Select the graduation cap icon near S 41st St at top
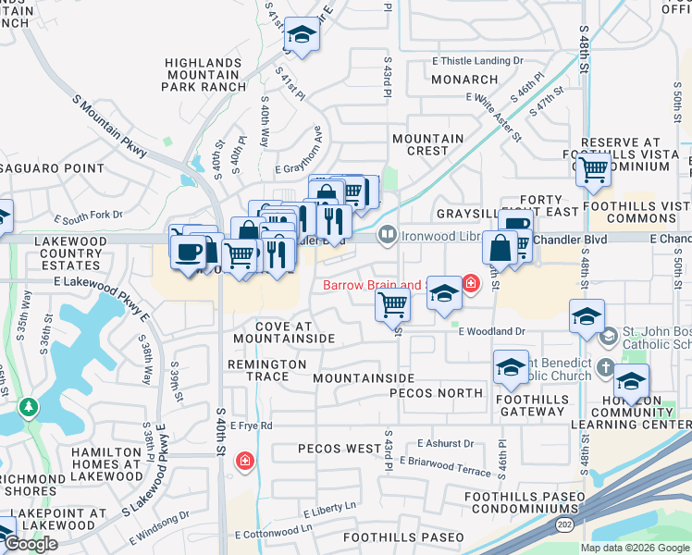click(302, 34)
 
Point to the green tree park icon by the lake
click(30, 406)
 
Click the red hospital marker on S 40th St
click(244, 460)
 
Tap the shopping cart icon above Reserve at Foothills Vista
click(592, 169)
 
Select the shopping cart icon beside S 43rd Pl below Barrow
click(393, 303)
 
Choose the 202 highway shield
click(563, 524)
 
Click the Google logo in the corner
click(31, 544)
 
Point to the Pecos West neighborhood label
click(339, 449)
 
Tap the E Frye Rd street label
click(252, 425)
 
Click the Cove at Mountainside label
click(283, 333)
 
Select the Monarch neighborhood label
click(464, 80)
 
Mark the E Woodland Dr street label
click(491, 330)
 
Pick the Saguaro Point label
click(53, 167)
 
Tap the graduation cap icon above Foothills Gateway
click(509, 367)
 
